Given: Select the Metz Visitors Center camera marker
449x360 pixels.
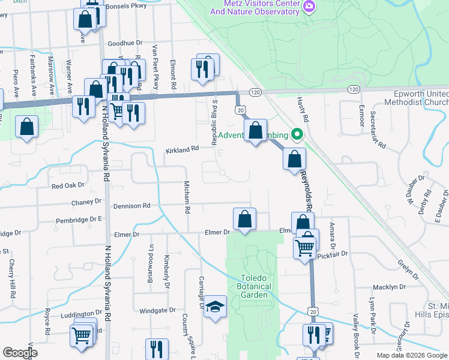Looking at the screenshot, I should (x=309, y=6).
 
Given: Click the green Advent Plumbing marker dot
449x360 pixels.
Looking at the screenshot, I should (x=296, y=134).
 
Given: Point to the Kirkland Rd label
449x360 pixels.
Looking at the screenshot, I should (x=182, y=149).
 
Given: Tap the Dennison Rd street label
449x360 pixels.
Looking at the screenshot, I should (x=134, y=206).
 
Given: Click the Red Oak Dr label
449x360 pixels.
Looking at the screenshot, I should (x=68, y=186).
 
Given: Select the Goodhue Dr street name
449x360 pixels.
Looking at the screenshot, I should (x=125, y=43).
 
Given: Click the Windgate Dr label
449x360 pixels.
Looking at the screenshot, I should (x=157, y=311).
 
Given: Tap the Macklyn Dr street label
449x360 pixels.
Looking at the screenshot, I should (x=386, y=287).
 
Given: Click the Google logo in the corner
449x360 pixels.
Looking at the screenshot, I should (x=20, y=353).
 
